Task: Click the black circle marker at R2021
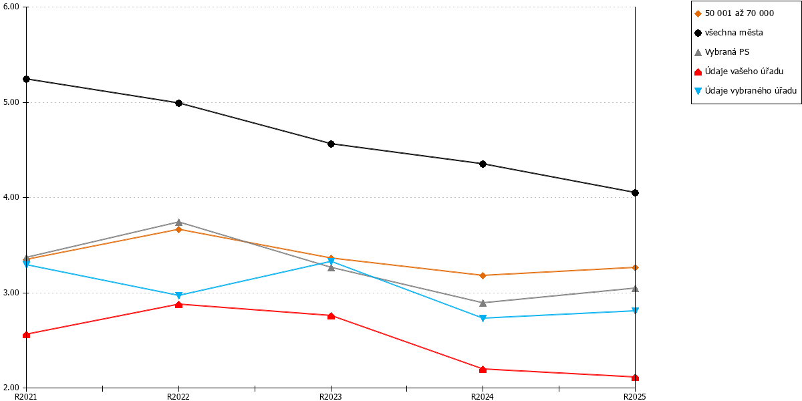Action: [27, 79]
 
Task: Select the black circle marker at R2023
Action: [331, 144]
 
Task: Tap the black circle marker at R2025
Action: [635, 192]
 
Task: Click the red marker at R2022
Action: [179, 305]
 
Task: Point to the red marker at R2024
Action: [483, 369]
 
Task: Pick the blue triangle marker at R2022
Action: [179, 295]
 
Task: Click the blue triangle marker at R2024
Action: [483, 318]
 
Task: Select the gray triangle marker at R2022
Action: [179, 223]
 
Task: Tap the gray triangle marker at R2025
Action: [635, 288]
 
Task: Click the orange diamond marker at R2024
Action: [483, 275]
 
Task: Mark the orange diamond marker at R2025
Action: [635, 267]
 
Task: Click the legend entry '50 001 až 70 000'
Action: [739, 13]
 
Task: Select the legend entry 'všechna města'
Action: [734, 33]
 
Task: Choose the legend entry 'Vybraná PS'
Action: [727, 52]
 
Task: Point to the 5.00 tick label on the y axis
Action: [11, 102]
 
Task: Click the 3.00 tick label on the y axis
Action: [11, 293]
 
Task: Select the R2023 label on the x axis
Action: [330, 397]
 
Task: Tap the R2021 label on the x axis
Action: [26, 397]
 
